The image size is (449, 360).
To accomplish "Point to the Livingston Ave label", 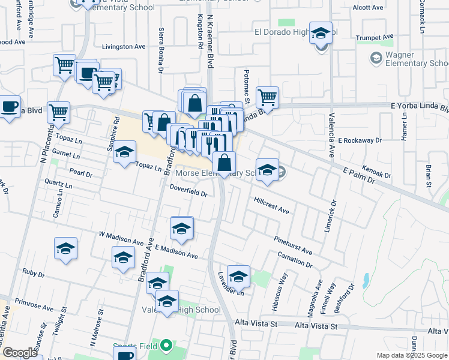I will pos(124,46).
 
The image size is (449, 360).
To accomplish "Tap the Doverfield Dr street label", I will pos(188,191).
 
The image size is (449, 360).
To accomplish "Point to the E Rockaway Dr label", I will pos(360,140).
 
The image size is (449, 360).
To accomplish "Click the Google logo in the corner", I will pos(20,353).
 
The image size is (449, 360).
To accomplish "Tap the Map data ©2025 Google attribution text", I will pos(412,355).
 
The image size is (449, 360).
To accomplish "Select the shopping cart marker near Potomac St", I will pos(267,97).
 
